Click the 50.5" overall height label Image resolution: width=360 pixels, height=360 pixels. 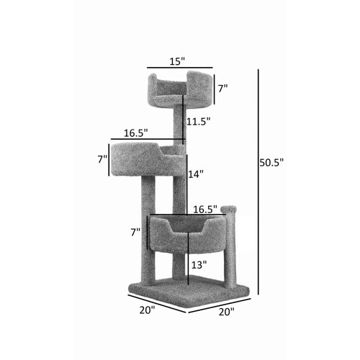[x=271, y=163]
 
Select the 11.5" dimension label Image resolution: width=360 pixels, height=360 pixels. [x=198, y=122]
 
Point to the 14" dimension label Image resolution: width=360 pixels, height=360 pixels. [x=196, y=174]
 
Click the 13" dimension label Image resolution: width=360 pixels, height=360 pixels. [x=199, y=265]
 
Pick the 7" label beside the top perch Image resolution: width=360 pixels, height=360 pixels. [x=222, y=88]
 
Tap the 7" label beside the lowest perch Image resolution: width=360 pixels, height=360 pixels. [x=135, y=233]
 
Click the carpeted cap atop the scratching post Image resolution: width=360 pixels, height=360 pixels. [x=229, y=210]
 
